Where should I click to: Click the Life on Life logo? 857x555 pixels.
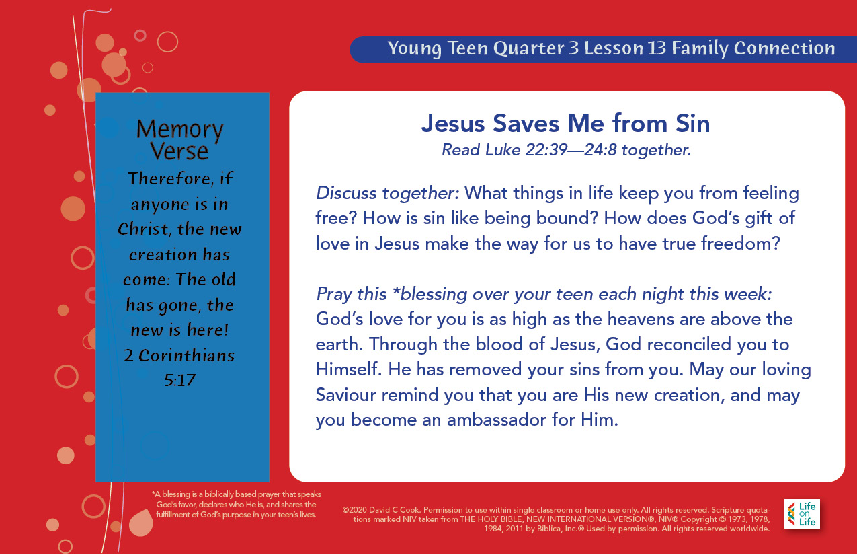[x=802, y=514]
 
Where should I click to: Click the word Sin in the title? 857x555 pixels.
[x=692, y=124]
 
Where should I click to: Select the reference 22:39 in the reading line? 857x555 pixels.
[x=546, y=150]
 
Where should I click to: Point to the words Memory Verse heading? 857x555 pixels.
[x=180, y=139]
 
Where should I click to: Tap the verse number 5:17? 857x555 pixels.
[x=180, y=380]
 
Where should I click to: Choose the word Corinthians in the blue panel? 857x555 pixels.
[x=186, y=355]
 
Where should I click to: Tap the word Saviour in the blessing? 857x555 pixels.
[x=346, y=395]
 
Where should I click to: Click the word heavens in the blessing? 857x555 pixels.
[x=641, y=319]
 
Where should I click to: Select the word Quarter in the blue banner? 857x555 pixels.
[x=528, y=48]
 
